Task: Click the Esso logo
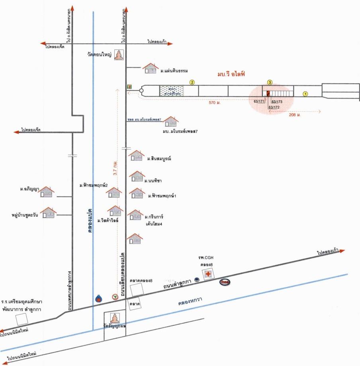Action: (x=225, y=282)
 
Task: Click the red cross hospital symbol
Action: (x=208, y=274)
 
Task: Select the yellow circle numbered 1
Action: (x=305, y=94)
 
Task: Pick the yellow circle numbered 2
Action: (x=192, y=83)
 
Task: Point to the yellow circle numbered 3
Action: (x=270, y=83)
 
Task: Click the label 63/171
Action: (x=259, y=101)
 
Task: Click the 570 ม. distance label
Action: (x=215, y=102)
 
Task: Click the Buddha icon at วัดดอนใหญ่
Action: (x=119, y=55)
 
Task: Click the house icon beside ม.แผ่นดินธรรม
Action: (x=151, y=68)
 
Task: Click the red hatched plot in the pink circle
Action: (x=268, y=93)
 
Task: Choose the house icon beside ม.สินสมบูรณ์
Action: (x=137, y=155)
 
